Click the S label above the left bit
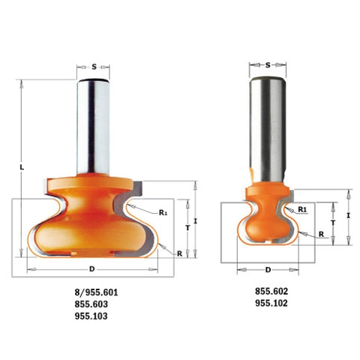(x=94, y=67)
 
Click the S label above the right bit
(x=268, y=65)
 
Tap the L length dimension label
(x=22, y=167)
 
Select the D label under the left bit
(x=92, y=269)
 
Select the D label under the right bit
(x=268, y=270)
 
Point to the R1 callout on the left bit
(x=163, y=213)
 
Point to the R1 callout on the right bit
(x=302, y=209)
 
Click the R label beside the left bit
(x=179, y=253)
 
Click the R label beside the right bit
(x=321, y=234)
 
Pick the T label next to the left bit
(x=187, y=228)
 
